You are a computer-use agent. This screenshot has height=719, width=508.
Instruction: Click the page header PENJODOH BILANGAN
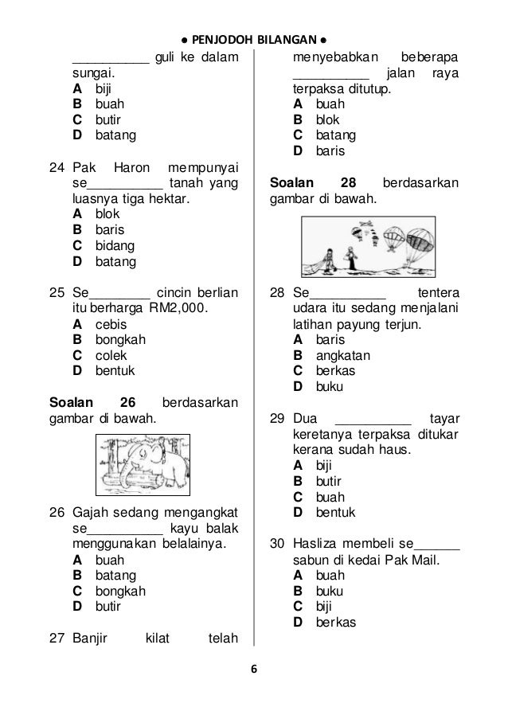pyautogui.click(x=254, y=39)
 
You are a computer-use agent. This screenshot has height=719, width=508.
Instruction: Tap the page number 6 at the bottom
pyautogui.click(x=254, y=669)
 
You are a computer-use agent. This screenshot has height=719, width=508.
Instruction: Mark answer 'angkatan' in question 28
pyautogui.click(x=343, y=355)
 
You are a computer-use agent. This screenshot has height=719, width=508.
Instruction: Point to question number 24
pyautogui.click(x=57, y=169)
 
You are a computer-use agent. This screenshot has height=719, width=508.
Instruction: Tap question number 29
pyautogui.click(x=278, y=418)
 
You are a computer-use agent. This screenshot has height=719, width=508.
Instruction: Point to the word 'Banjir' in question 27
pyautogui.click(x=92, y=638)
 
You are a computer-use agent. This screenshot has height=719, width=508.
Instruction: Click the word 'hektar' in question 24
pyautogui.click(x=171, y=198)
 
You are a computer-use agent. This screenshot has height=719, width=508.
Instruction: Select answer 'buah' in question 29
pyautogui.click(x=330, y=496)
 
